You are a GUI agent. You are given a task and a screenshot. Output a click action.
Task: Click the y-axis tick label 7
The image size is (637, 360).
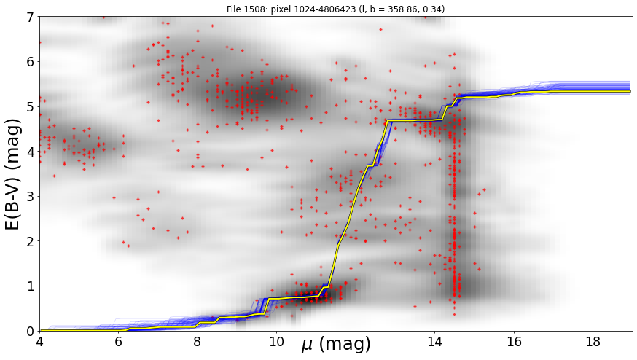tap(31, 17)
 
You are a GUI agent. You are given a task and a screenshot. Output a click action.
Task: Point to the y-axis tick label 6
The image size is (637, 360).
tap(31, 62)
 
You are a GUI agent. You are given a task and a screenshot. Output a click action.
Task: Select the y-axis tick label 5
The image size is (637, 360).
tap(31, 107)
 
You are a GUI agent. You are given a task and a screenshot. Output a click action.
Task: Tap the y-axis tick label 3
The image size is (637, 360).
tap(31, 197)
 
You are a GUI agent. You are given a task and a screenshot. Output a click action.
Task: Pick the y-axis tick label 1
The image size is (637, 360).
tap(31, 286)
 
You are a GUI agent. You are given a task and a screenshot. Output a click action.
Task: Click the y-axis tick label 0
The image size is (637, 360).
tap(31, 331)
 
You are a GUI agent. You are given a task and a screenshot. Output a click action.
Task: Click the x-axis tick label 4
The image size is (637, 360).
tap(39, 342)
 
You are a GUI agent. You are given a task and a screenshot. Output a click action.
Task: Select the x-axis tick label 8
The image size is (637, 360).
tap(198, 342)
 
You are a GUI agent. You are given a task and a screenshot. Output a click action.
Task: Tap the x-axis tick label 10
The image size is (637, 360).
tap(277, 342)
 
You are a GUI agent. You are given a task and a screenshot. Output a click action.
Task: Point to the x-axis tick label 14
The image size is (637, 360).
tap(434, 342)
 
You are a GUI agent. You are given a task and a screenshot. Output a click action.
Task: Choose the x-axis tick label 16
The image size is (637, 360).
tap(514, 342)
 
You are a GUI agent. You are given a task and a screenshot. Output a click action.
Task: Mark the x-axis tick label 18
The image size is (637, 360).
tap(593, 342)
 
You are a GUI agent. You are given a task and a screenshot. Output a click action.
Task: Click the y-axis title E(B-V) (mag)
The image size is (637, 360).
tap(13, 174)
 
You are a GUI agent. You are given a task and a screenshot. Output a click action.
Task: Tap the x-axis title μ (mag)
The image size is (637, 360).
tap(336, 344)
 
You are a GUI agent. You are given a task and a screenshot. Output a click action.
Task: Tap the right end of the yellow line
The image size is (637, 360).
tap(630, 91)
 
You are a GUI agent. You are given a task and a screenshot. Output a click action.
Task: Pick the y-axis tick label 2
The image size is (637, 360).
tap(31, 241)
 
